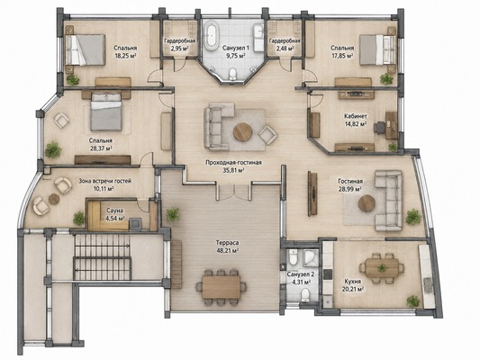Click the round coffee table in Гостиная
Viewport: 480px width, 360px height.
point(367,203)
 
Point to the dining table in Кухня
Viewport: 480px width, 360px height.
point(382,268)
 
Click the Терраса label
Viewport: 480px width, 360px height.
point(227,243)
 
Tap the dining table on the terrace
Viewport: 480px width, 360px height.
point(222,287)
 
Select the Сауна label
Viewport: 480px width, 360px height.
point(114,211)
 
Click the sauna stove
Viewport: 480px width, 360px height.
point(135,223)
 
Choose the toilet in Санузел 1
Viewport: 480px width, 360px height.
point(232,74)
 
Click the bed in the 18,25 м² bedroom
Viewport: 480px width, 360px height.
point(86,49)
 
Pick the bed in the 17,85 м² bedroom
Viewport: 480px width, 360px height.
point(377,49)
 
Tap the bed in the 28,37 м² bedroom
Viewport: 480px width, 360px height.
point(106,112)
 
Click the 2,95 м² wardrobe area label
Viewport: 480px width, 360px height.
point(180,49)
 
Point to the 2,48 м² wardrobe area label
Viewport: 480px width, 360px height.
point(285,49)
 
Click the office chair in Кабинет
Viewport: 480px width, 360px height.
point(379,127)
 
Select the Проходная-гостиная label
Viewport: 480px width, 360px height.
point(233,162)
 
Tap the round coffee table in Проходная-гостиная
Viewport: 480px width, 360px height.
point(243,131)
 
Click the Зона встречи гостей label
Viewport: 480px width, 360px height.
point(105,181)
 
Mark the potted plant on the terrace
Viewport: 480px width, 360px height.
point(173,214)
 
